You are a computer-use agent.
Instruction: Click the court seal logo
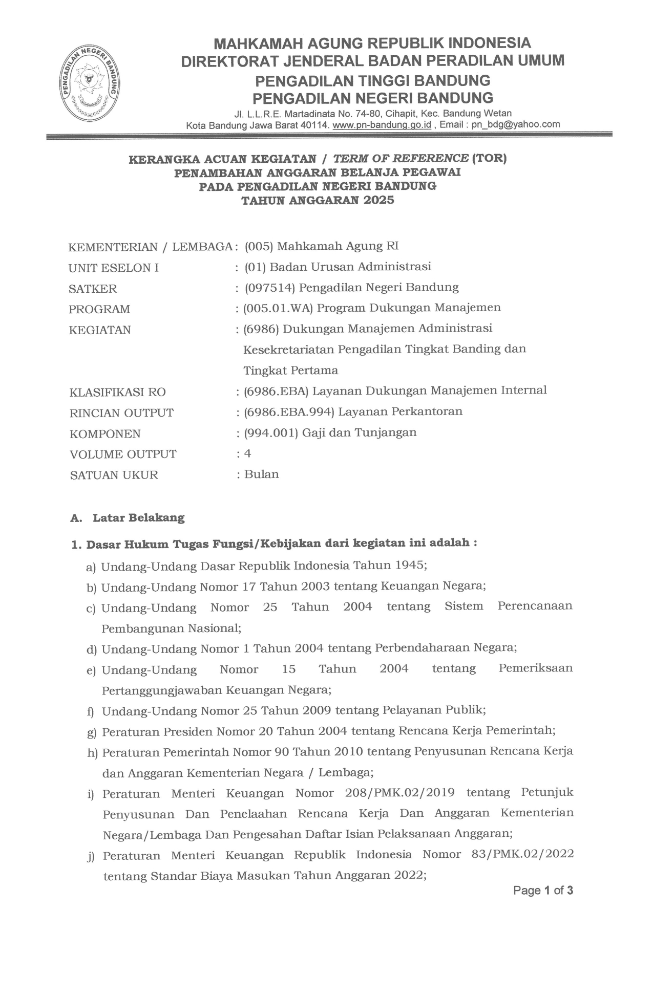pyautogui.click(x=90, y=82)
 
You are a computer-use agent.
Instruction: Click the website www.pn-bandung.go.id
pyautogui.click(x=382, y=125)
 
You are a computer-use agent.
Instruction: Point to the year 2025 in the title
pyautogui.click(x=379, y=200)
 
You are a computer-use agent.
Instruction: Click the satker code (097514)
pyautogui.click(x=270, y=287)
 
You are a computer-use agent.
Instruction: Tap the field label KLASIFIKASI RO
pyautogui.click(x=117, y=392)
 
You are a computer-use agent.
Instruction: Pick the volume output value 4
pyautogui.click(x=248, y=453)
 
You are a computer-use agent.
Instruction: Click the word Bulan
pyautogui.click(x=261, y=474)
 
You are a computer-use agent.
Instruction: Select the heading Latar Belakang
pyautogui.click(x=138, y=517)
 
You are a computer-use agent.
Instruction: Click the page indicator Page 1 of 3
pyautogui.click(x=543, y=891)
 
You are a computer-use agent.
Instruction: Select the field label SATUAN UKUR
pyautogui.click(x=114, y=475)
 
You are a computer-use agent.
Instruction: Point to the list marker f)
pyautogui.click(x=92, y=711)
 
